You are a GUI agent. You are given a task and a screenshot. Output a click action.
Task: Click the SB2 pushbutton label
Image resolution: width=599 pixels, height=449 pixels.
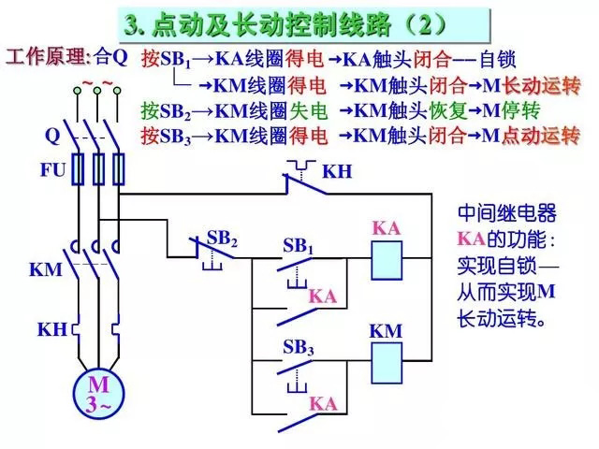pyautogui.click(x=222, y=239)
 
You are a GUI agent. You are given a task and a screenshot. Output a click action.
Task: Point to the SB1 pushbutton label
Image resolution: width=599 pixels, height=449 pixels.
pyautogui.click(x=298, y=247)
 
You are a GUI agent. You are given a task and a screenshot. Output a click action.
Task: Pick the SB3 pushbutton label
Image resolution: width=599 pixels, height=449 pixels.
pyautogui.click(x=298, y=348)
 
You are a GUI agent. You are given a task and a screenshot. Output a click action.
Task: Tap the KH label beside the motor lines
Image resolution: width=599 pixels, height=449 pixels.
pyautogui.click(x=51, y=329)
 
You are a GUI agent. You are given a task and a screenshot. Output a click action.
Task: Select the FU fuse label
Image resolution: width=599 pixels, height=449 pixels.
pyautogui.click(x=52, y=171)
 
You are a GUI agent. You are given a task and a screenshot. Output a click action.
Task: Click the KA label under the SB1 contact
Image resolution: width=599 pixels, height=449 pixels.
pyautogui.click(x=322, y=297)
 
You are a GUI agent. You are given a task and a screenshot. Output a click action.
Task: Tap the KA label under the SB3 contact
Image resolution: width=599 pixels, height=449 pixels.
pyautogui.click(x=324, y=404)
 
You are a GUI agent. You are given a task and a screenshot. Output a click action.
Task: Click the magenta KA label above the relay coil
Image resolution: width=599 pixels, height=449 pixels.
pyautogui.click(x=386, y=228)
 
